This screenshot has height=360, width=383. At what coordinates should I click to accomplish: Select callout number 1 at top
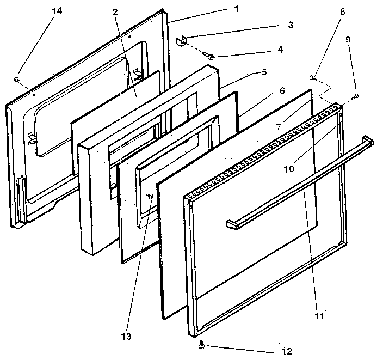[x=220, y=9]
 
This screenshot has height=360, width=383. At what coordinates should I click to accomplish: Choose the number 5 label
[x=263, y=71]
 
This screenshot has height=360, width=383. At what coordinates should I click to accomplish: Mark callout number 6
[x=281, y=90]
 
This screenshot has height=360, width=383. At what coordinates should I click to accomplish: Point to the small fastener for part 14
[x=18, y=80]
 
